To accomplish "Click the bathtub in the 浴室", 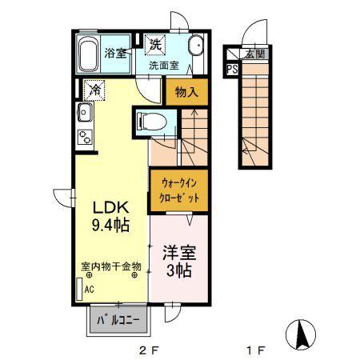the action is [88, 54].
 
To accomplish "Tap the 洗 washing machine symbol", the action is [155, 45].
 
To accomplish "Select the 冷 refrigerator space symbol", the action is [94, 90].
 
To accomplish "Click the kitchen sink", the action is [85, 112].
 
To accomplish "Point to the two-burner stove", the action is [85, 137].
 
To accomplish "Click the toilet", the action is [151, 122].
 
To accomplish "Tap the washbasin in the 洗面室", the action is [196, 46].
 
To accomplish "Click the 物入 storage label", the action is [186, 92].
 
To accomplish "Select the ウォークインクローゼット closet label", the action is [179, 190].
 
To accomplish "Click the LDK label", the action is [110, 207].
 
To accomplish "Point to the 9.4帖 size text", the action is [110, 225].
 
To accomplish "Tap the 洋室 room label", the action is [179, 252].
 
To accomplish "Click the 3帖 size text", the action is [179, 270].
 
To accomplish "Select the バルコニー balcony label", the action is [118, 320].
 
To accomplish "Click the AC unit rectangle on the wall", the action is [79, 289].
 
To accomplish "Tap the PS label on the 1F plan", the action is [232, 70].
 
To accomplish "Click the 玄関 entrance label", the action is [255, 54].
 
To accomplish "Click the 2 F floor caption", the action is [149, 350].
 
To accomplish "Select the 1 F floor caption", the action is [256, 350].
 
